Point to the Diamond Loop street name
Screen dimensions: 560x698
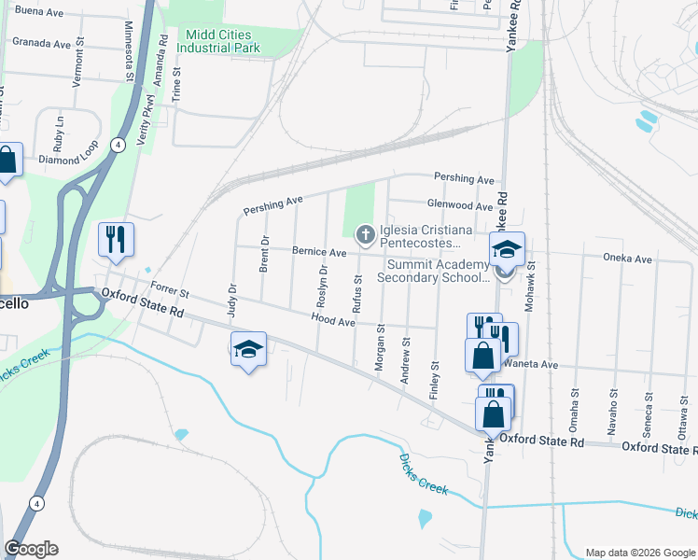[x=68, y=159]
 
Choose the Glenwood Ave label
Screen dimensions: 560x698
[x=459, y=206]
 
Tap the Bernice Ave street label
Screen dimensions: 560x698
[x=319, y=252]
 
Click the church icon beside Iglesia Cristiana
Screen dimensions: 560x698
[x=366, y=233]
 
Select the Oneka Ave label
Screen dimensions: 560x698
[x=627, y=259]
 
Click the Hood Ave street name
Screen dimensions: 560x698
[x=333, y=322]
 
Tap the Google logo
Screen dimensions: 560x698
[x=31, y=549]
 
